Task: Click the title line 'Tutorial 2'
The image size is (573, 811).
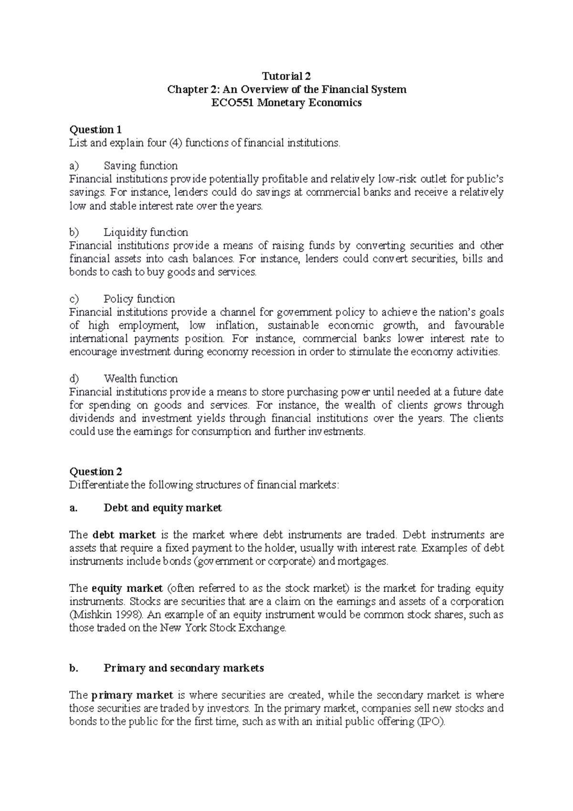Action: point(286,76)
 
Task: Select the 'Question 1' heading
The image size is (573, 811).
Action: point(95,129)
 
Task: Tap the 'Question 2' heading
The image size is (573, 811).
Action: point(95,471)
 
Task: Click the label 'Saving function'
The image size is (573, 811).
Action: point(140,166)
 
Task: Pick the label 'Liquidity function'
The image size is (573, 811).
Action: point(146,232)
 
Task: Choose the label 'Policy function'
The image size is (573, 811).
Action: point(139,299)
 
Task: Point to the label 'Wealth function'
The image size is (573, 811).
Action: point(140,379)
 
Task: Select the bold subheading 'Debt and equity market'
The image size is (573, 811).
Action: point(162,508)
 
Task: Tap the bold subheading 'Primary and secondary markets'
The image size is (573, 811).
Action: point(183,668)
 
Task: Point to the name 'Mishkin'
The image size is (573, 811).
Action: point(89,615)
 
